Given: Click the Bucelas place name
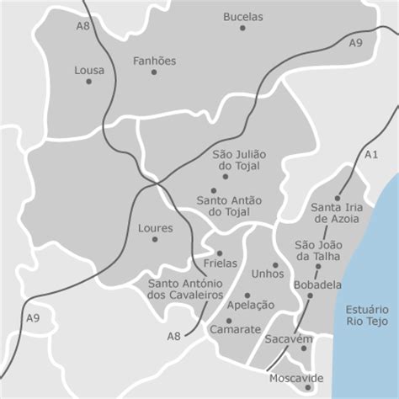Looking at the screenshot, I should pyautogui.click(x=243, y=17).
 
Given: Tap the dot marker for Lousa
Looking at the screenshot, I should pyautogui.click(x=88, y=82).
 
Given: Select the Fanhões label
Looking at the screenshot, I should pyautogui.click(x=155, y=61).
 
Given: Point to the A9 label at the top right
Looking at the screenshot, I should pyautogui.click(x=356, y=42).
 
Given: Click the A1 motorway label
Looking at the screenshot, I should pyautogui.click(x=371, y=154).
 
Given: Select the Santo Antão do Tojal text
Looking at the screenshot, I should pyautogui.click(x=229, y=206).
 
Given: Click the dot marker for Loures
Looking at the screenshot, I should pyautogui.click(x=155, y=239).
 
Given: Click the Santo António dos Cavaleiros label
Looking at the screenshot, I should pyautogui.click(x=185, y=289).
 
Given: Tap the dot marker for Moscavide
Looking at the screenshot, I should pyautogui.click(x=308, y=388).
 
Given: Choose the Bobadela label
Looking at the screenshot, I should pyautogui.click(x=317, y=285).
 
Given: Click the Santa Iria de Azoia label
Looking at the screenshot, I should pyautogui.click(x=335, y=213).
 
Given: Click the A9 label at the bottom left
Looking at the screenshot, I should pyautogui.click(x=33, y=318).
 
